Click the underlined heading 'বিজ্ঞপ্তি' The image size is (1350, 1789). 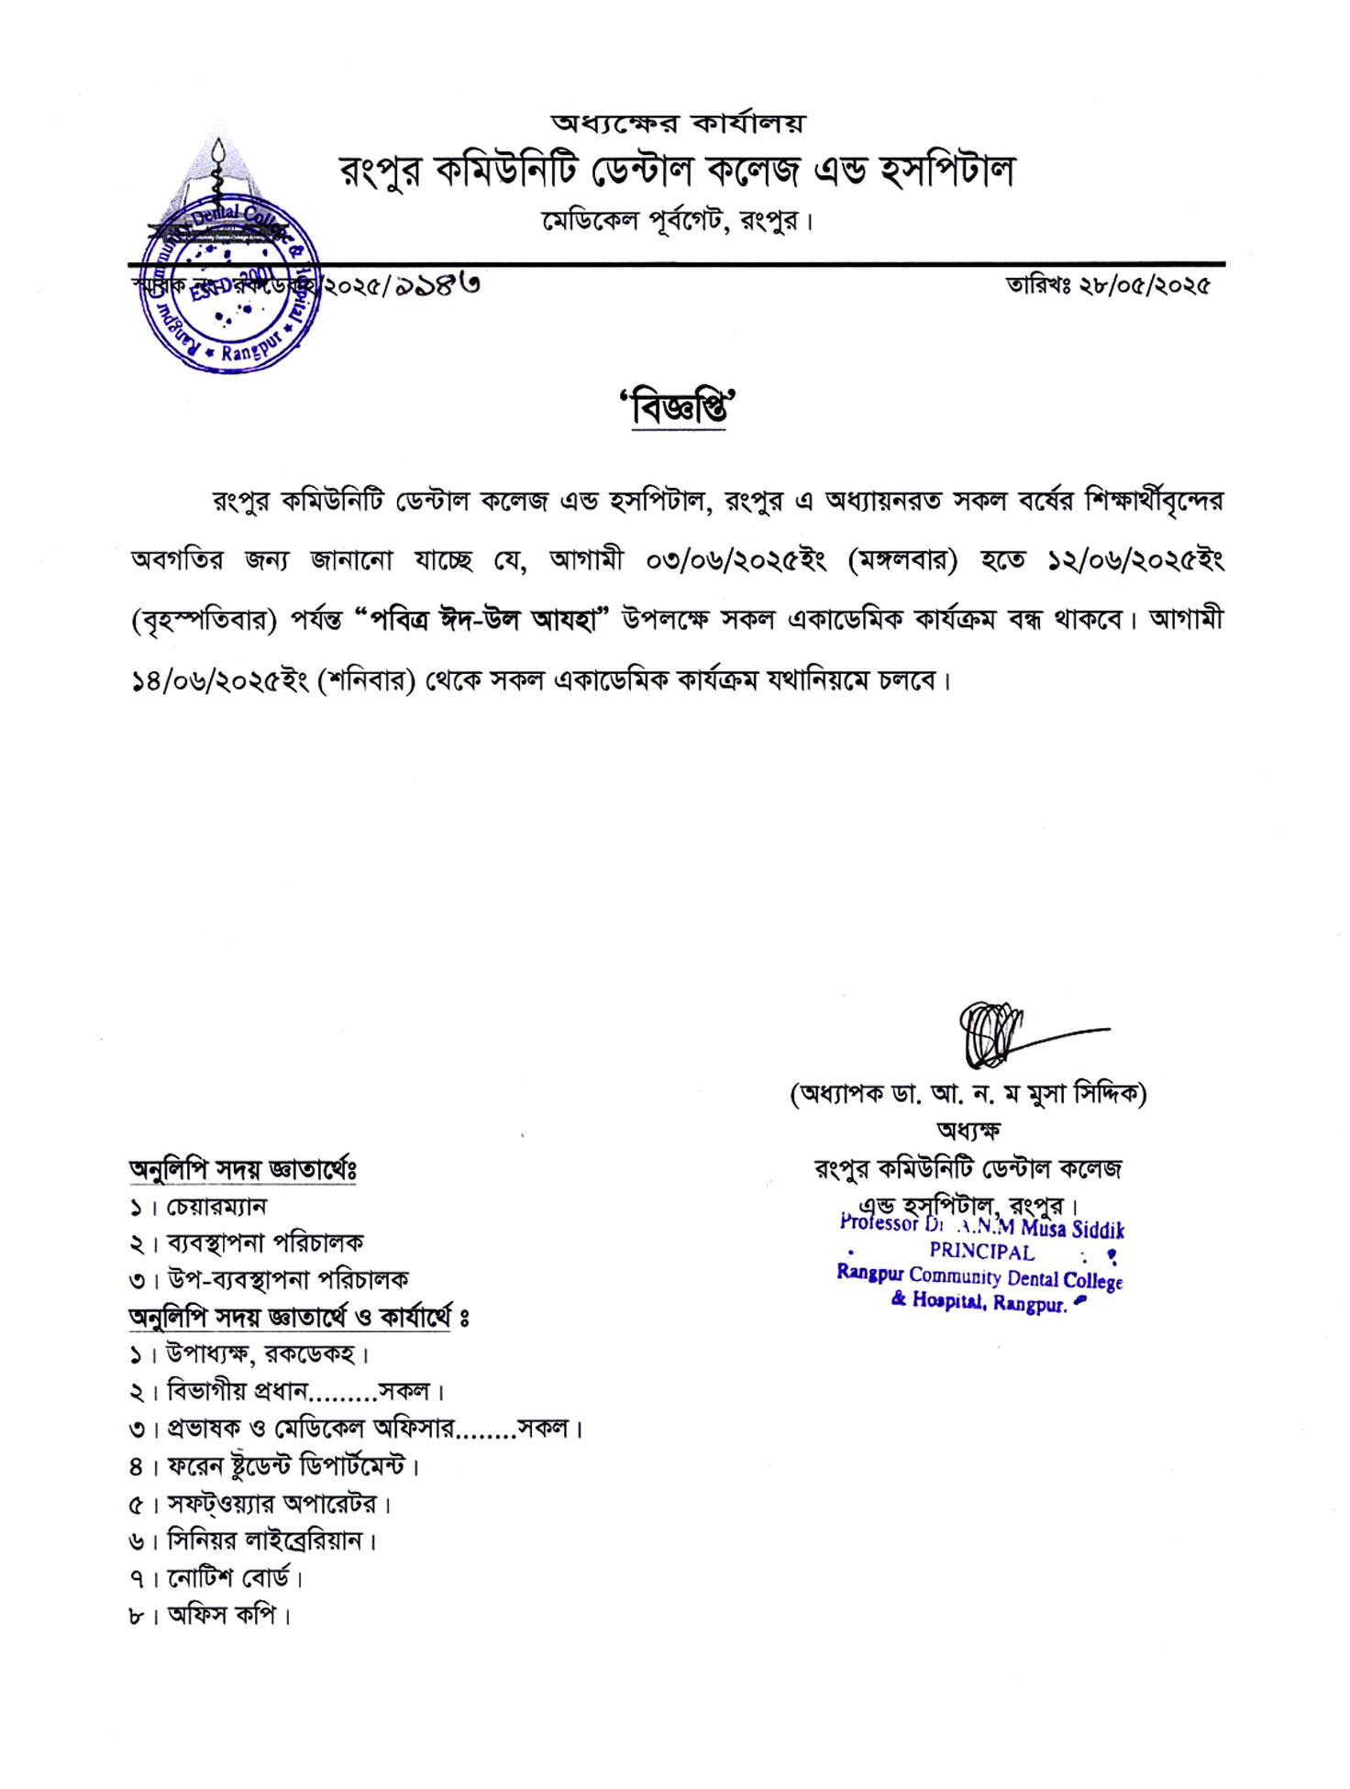679,408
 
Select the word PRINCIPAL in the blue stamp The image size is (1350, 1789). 981,1252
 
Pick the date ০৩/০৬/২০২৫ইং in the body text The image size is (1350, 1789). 736,559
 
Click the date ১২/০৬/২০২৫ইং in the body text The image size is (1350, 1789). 1135,559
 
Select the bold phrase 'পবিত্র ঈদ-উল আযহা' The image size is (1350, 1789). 482,620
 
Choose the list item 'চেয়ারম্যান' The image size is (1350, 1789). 217,1207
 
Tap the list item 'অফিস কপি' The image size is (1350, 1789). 222,1616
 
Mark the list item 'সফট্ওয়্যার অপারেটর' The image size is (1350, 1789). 272,1504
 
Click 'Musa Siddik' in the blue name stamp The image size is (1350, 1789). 1072,1229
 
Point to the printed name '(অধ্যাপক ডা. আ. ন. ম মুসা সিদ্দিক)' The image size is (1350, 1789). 968,1094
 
